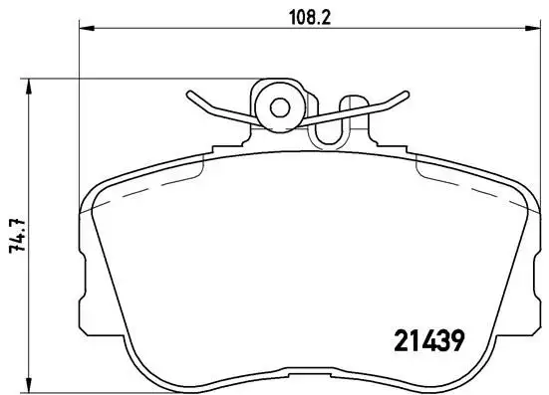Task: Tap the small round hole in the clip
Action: (x=277, y=104)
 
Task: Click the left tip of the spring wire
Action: (x=188, y=96)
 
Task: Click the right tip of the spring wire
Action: (x=406, y=96)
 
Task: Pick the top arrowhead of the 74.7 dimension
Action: (x=32, y=82)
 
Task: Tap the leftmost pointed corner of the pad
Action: (x=80, y=213)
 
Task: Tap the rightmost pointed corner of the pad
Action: (x=533, y=213)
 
